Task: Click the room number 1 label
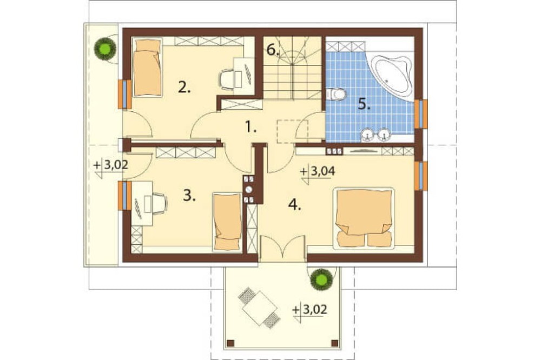tap(251, 128)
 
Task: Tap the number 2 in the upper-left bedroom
tap(184, 87)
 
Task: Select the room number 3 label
tap(189, 196)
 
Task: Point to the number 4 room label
tap(295, 204)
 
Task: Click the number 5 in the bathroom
tap(364, 103)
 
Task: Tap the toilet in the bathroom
tap(335, 94)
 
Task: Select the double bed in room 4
tap(364, 218)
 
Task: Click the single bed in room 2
tap(147, 68)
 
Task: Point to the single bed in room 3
tap(227, 222)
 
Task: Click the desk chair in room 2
tap(227, 79)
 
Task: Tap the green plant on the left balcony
tap(105, 49)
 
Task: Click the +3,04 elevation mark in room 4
tap(318, 172)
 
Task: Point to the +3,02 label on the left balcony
tap(111, 165)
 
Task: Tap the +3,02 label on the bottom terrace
tap(309, 310)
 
